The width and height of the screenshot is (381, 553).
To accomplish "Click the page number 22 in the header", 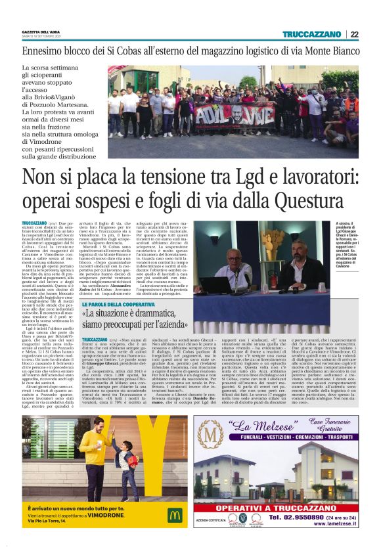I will pyautogui.click(x=355, y=35).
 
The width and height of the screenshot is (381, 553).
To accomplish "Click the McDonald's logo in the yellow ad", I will pyautogui.click(x=174, y=515).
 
